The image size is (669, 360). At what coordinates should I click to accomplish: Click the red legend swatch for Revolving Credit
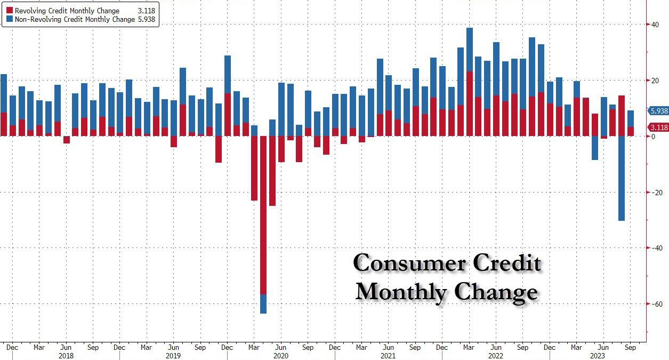(x=10, y=11)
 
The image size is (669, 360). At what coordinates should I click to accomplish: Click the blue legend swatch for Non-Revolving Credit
(x=10, y=19)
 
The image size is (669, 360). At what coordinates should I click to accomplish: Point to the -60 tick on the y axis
(x=652, y=304)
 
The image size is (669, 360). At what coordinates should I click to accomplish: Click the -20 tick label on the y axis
(x=652, y=193)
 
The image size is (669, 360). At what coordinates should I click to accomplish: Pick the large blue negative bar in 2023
(x=622, y=178)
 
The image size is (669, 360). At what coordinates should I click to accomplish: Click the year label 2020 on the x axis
(x=281, y=356)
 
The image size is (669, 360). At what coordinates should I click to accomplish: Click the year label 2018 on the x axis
(x=66, y=356)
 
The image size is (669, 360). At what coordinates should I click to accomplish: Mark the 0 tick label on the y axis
(x=651, y=137)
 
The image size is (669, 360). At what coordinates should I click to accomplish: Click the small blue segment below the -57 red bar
(x=263, y=304)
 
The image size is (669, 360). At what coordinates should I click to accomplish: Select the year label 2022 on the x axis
(x=496, y=356)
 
